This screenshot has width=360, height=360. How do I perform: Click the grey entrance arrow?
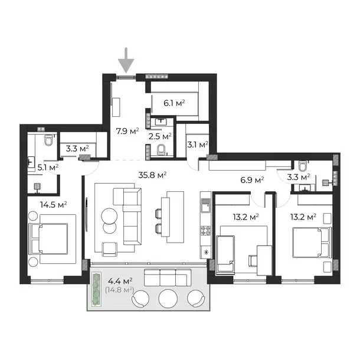click(x=126, y=61)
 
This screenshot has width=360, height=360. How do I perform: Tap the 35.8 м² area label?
click(x=152, y=175)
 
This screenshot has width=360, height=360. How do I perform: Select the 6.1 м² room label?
click(x=174, y=103)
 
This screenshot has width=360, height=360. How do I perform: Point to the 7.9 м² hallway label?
click(x=127, y=131)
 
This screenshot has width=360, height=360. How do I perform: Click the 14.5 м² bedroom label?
click(x=54, y=204)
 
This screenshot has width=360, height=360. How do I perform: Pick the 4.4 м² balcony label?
click(x=120, y=281)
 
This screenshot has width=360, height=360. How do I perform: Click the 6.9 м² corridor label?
click(x=252, y=180)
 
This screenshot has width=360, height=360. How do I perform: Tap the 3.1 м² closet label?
click(x=198, y=145)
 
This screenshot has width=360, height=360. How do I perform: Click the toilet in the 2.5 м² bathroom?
click(x=161, y=150)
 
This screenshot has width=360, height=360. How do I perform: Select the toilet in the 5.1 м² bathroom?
click(x=48, y=140)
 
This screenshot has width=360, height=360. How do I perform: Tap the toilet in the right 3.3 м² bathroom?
click(x=303, y=165)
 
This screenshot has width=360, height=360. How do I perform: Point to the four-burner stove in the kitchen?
click(x=206, y=231)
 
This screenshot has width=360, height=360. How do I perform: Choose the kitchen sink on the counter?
click(x=206, y=205)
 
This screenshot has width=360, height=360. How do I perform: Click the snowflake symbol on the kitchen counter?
click(x=206, y=253)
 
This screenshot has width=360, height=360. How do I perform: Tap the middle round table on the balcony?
click(x=168, y=299)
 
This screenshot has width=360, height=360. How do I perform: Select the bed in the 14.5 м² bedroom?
click(x=48, y=239)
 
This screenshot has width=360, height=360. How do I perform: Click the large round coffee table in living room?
click(x=109, y=216)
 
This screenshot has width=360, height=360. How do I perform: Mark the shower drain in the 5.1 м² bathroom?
click(x=37, y=186)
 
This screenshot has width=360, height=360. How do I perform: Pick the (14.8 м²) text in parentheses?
click(x=120, y=290)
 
